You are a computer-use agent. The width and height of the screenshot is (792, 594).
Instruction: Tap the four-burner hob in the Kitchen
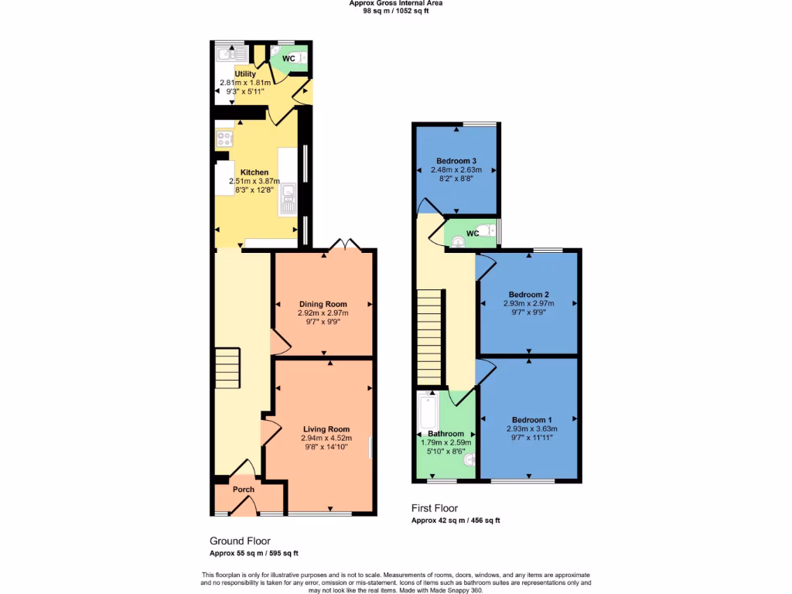(225, 139)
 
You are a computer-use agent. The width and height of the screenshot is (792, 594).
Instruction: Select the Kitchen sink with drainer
(288, 200)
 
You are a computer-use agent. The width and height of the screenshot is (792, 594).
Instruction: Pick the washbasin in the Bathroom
(468, 460)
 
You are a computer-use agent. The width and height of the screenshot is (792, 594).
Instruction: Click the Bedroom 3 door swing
(428, 206)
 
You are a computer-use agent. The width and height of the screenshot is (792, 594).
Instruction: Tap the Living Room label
(326, 429)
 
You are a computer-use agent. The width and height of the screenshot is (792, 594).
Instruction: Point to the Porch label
(244, 490)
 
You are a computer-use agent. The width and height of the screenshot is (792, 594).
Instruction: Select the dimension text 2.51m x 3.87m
(254, 181)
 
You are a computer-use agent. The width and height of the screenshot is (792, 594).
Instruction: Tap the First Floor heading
(434, 508)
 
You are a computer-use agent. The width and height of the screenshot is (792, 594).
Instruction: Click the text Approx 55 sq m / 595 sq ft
(254, 553)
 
